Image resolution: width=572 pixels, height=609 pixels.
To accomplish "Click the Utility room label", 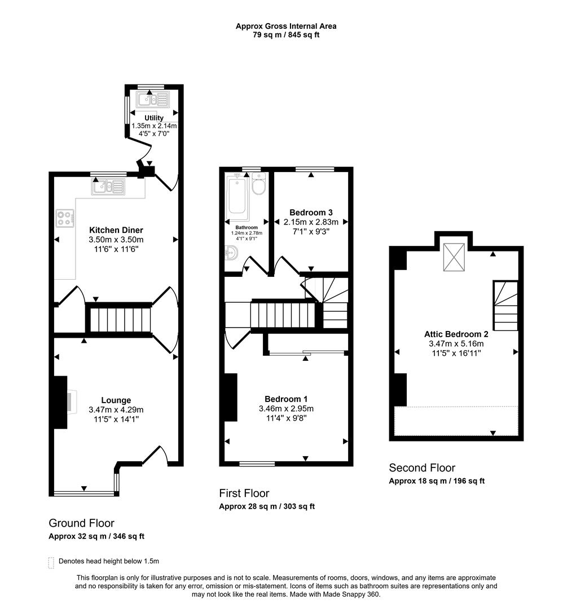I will coord(154,118).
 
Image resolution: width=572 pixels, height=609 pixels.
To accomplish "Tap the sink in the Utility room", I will coord(152,100).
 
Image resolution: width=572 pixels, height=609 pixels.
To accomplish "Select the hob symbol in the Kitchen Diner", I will coord(65,218).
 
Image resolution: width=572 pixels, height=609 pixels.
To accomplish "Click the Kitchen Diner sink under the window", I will coord(109,186).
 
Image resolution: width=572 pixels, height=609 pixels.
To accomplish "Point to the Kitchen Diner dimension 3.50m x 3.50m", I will coord(116,240).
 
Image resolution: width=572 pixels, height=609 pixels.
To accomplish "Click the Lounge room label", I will coord(116,400).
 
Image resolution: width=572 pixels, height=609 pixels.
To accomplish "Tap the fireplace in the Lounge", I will coord(61,402).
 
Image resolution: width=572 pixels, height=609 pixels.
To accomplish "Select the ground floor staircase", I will coord(119,320).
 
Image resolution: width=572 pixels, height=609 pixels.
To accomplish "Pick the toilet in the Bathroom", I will coord(259,185).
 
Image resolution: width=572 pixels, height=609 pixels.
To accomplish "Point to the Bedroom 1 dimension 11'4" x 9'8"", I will coord(286,418).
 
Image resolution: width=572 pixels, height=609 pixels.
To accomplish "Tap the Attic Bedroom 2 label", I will coord(456,334).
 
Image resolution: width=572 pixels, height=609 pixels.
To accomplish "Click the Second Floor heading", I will coord(421,467).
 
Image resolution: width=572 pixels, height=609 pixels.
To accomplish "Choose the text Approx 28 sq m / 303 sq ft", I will coord(267,506).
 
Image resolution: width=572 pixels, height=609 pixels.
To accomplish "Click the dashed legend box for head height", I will coord(51,562).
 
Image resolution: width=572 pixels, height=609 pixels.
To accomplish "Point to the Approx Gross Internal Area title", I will coord(286,26).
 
